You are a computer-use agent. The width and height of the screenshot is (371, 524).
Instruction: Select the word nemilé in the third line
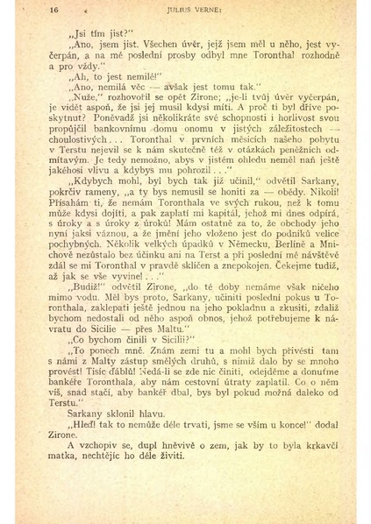(114, 76)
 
